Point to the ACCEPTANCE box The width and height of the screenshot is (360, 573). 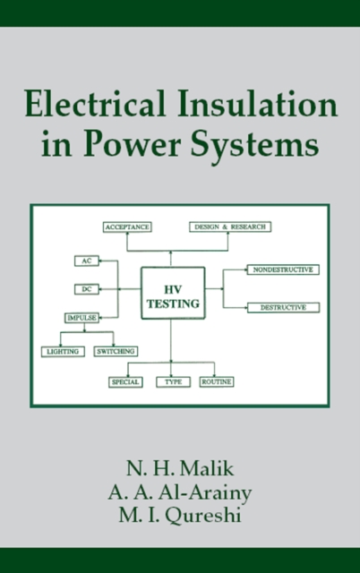[126, 227]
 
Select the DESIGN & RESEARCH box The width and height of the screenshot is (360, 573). [229, 227]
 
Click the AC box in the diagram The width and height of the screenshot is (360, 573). [85, 261]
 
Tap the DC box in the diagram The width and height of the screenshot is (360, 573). [85, 289]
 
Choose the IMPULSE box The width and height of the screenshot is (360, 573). [81, 318]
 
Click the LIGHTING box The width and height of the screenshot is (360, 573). [63, 352]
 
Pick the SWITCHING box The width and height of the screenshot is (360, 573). [116, 352]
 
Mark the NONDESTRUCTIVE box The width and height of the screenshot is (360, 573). [283, 269]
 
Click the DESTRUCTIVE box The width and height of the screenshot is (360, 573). [283, 307]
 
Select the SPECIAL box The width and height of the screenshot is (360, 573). [125, 381]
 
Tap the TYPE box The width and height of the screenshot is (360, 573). [173, 381]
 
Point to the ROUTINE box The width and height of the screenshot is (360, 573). [216, 381]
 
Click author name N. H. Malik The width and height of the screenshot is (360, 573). [179, 468]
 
